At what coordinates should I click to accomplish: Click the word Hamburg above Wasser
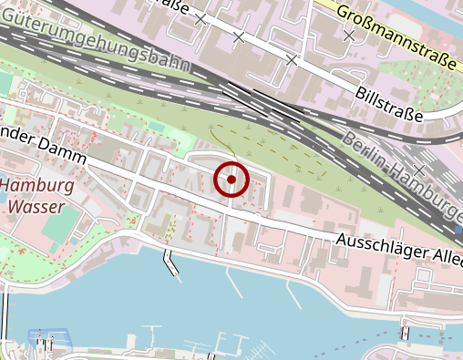[x=37, y=186]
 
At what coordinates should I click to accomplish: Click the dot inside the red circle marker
[x=231, y=180]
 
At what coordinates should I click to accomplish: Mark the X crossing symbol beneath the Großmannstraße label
[x=349, y=35]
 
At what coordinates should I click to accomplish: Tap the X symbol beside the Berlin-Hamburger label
[x=420, y=170]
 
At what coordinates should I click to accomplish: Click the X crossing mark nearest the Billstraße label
[x=292, y=60]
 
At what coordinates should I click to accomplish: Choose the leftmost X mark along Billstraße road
[x=201, y=17]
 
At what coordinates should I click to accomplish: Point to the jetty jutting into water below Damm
[x=170, y=262]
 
